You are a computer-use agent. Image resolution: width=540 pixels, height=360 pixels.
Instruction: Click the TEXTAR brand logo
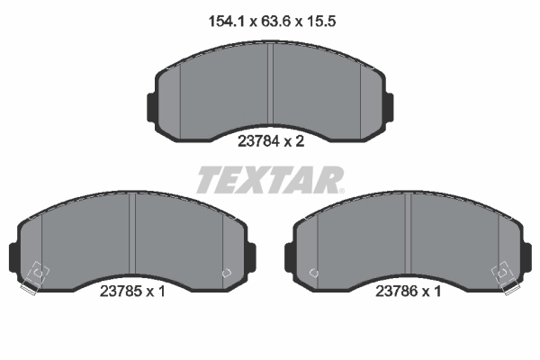pos(270,180)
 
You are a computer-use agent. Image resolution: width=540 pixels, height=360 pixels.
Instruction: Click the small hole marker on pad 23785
pos(226,273)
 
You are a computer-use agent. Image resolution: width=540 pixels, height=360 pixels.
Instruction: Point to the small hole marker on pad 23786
pos(313,273)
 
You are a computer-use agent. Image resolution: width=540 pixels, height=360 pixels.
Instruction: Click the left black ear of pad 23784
pos(149,105)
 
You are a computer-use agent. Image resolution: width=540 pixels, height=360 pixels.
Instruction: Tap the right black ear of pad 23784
pos(390,105)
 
